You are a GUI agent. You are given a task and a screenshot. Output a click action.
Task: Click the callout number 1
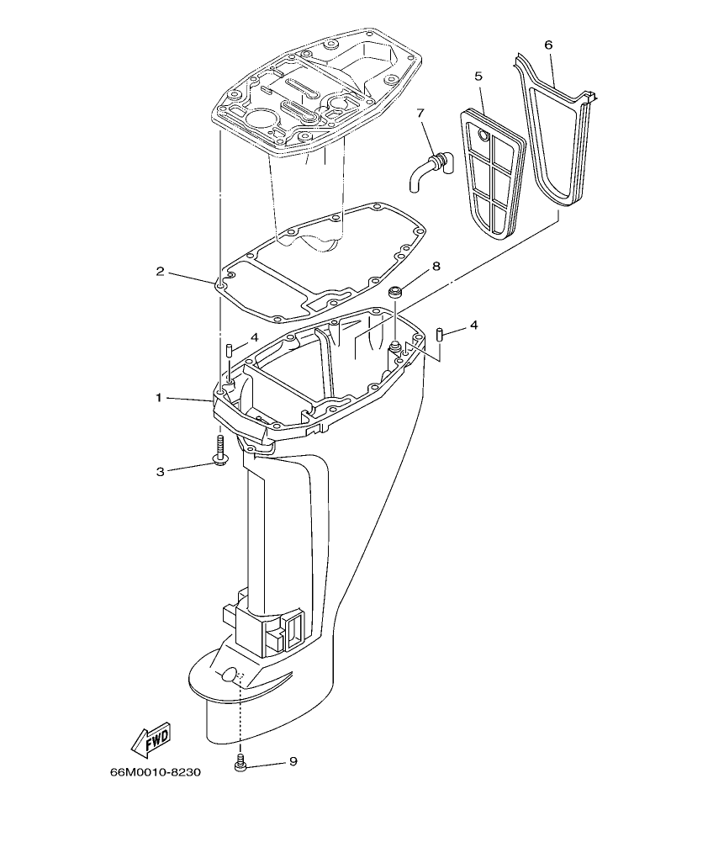click(x=158, y=397)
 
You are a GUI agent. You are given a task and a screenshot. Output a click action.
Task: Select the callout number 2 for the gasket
click(x=159, y=271)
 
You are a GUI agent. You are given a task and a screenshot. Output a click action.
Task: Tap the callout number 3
click(x=160, y=471)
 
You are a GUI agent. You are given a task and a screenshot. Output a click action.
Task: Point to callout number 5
click(x=478, y=77)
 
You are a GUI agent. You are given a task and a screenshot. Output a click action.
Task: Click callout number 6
click(x=548, y=44)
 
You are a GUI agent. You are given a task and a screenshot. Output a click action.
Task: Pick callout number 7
click(x=420, y=113)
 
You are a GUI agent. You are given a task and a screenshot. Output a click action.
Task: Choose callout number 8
click(x=436, y=267)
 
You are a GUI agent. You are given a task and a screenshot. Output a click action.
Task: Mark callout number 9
click(x=293, y=761)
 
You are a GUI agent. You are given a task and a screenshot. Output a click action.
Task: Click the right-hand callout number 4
click(x=473, y=325)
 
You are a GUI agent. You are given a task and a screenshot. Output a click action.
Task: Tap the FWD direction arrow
click(x=151, y=739)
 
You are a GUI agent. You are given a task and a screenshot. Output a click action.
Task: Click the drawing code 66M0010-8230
click(x=156, y=773)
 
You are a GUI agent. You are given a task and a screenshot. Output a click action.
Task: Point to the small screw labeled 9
click(x=240, y=764)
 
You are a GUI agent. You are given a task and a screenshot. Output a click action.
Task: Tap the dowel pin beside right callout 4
click(x=440, y=334)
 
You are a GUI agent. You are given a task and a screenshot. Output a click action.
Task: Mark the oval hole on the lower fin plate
click(x=229, y=675)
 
